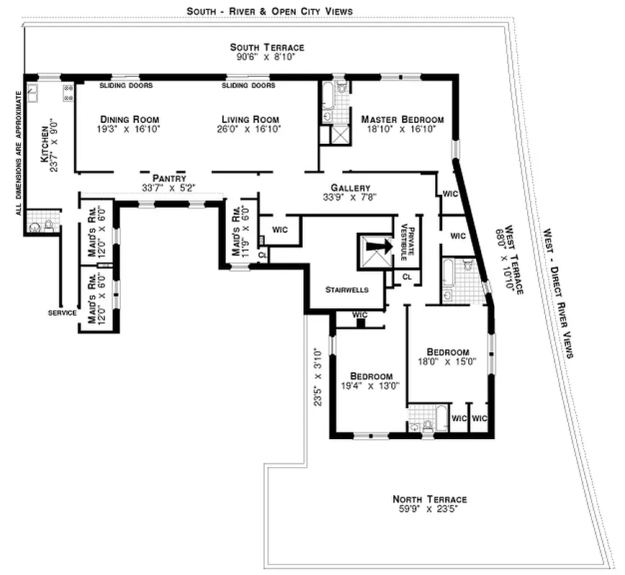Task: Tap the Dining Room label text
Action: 129,119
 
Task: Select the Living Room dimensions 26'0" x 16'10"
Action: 250,129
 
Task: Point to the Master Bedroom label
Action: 402,119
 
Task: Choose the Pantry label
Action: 169,178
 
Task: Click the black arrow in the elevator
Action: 376,246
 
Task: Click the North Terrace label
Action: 429,500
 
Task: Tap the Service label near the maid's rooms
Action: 62,313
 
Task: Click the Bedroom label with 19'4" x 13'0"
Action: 371,377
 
